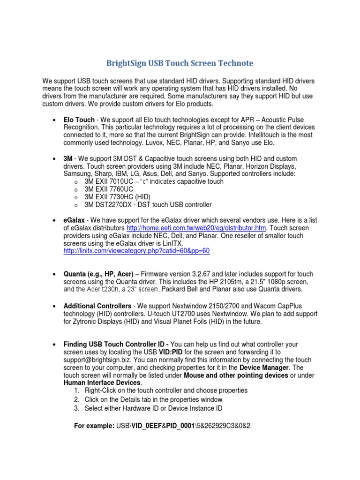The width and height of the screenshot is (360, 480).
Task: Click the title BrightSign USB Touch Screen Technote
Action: pos(180,63)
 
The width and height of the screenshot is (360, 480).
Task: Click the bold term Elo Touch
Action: pos(79,120)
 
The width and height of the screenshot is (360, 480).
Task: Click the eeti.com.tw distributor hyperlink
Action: pos(196,228)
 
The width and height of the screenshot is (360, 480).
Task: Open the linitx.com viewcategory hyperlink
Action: pos(136,251)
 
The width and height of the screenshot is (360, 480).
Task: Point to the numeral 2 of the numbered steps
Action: pos(77,399)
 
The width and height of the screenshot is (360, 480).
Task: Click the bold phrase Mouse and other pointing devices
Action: pos(236,375)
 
